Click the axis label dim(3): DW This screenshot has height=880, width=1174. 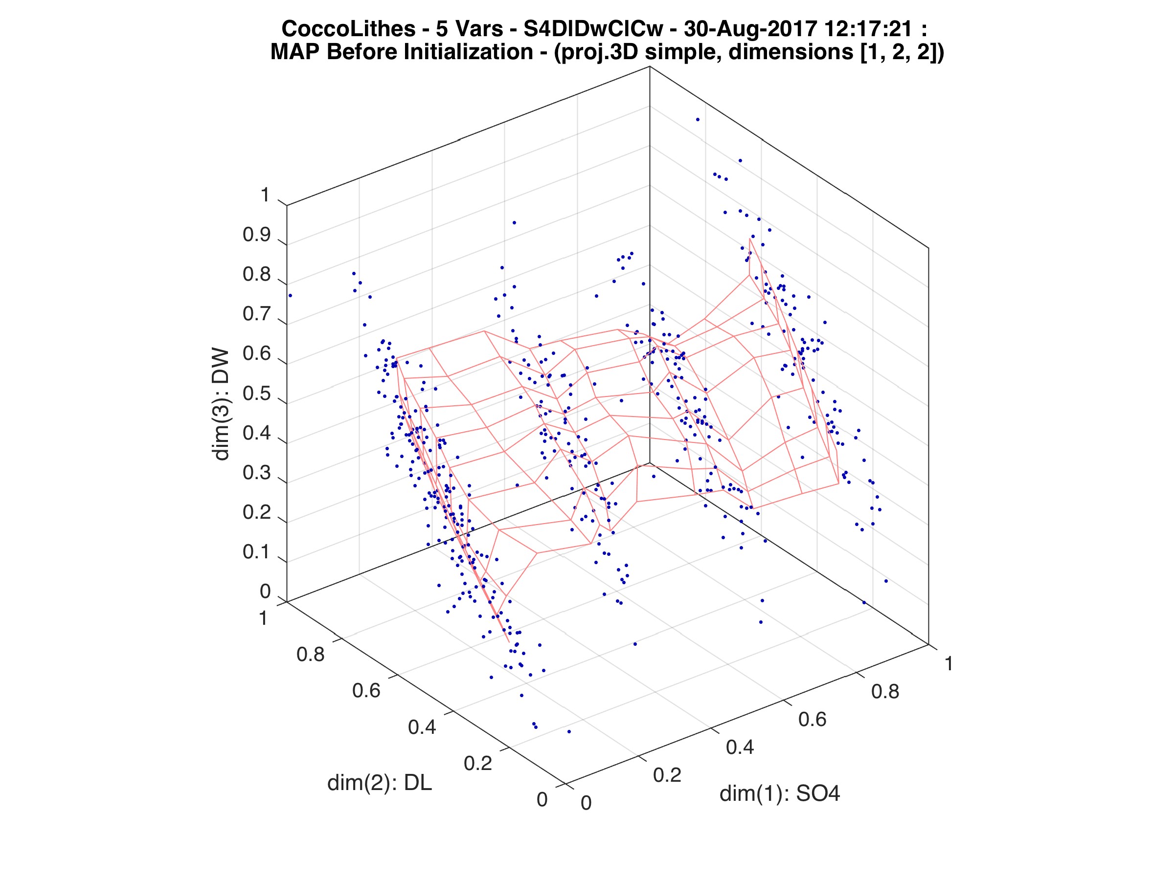220,404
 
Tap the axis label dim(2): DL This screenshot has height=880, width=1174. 380,783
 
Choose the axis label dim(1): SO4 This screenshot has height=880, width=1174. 780,793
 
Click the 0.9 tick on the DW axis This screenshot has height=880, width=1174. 256,235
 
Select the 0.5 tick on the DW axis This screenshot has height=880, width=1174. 256,394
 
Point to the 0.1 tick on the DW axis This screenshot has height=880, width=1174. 256,552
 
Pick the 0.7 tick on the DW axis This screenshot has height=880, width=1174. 256,314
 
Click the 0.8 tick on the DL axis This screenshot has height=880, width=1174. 310,655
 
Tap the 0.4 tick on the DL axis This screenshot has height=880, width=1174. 422,726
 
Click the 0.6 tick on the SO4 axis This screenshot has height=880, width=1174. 812,719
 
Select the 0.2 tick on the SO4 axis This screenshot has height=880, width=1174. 667,775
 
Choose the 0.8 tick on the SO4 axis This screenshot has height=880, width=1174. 885,691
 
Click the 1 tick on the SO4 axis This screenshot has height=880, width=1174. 948,663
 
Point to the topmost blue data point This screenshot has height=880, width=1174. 698,119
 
